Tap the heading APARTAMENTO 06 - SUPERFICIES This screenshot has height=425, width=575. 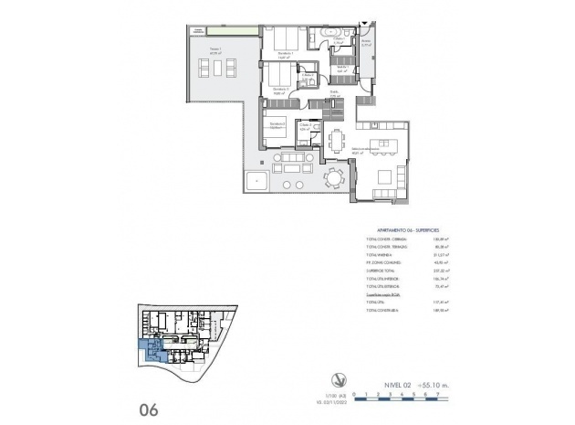(x=410, y=231)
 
